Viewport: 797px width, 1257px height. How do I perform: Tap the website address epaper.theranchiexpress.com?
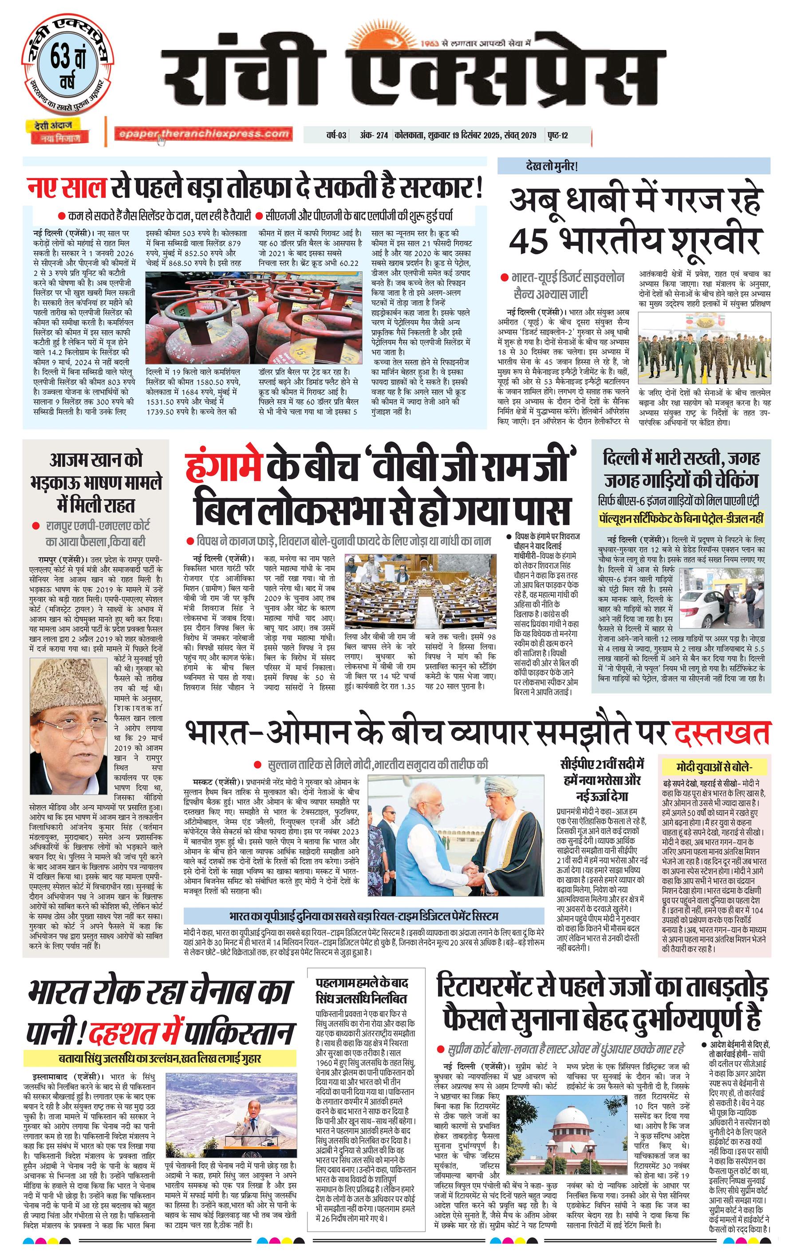[204, 134]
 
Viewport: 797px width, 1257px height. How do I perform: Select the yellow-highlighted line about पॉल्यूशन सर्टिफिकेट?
[681, 518]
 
